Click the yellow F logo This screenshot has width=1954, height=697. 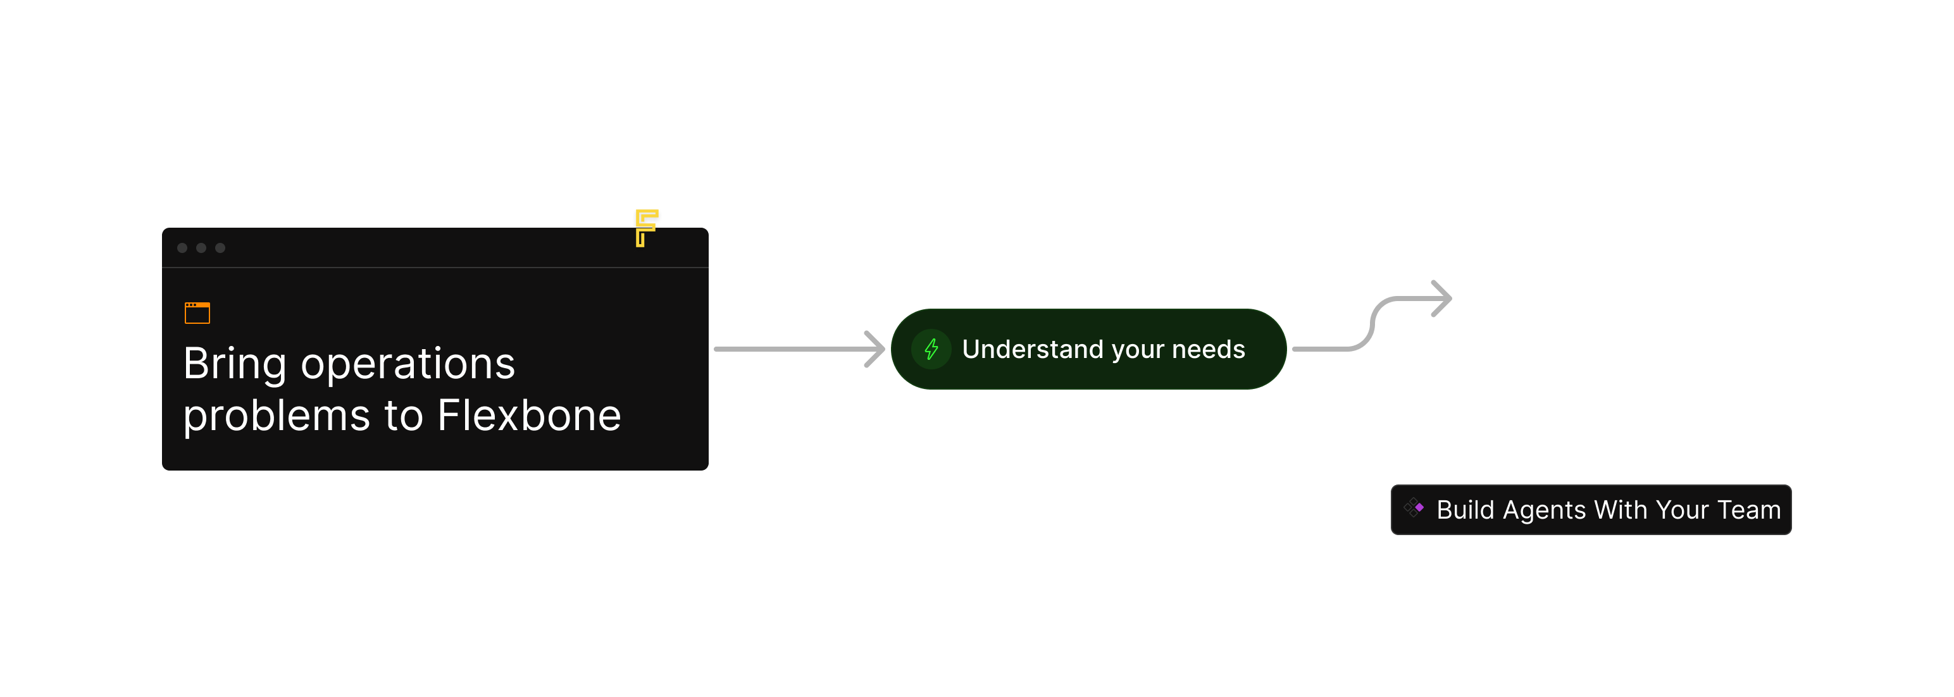point(646,227)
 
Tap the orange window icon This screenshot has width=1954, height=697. point(197,312)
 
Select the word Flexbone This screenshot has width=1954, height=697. point(529,416)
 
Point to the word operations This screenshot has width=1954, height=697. point(408,364)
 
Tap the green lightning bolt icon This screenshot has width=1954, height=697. point(931,349)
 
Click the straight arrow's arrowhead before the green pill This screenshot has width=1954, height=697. point(877,349)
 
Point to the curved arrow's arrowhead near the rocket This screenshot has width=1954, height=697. point(1442,299)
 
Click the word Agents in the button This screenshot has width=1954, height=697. point(1543,510)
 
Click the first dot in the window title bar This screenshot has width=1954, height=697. point(182,248)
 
